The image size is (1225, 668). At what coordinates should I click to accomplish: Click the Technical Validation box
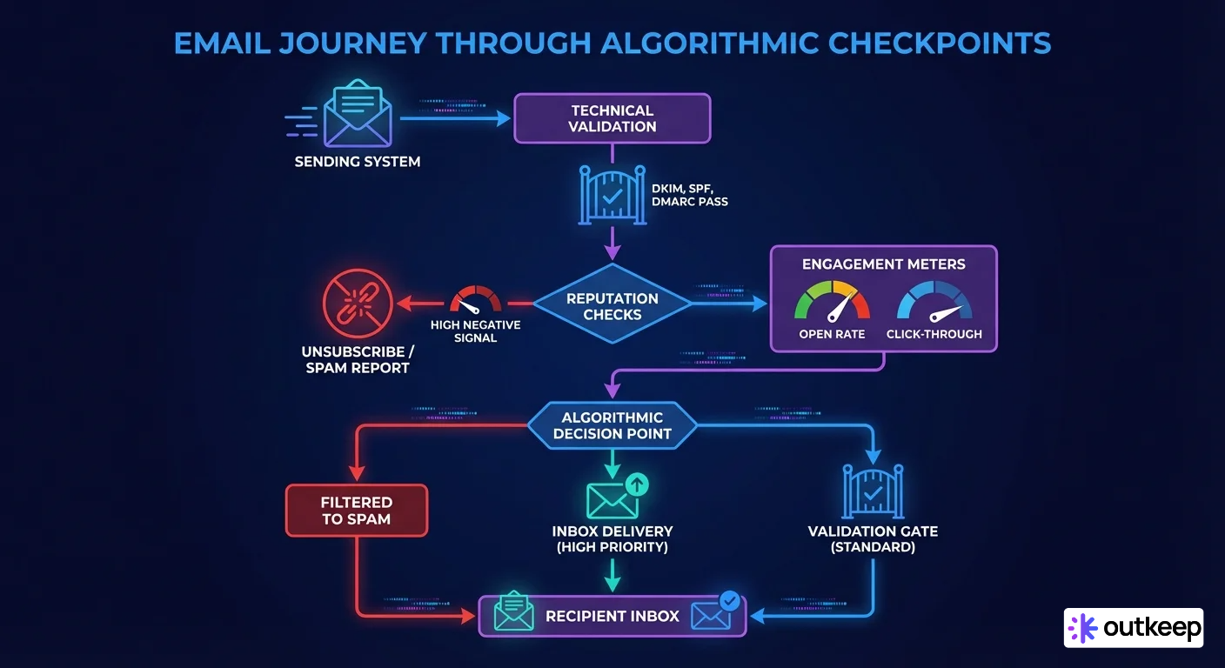612,118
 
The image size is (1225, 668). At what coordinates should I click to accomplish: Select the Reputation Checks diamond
612,305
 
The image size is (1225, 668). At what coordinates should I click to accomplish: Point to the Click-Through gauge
934,304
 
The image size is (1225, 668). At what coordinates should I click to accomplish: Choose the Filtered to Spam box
356,511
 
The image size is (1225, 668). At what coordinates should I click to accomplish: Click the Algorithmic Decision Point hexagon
612,425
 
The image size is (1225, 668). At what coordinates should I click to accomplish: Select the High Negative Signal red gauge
475,301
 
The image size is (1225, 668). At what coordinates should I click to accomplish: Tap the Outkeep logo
1133,627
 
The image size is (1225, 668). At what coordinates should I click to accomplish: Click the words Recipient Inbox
612,616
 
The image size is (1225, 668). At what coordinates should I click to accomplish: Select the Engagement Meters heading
884,264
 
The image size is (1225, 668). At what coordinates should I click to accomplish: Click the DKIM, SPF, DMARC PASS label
689,194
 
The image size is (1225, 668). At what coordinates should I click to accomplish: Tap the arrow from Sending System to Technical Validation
454,119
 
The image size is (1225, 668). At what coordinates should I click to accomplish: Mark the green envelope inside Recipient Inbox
512,612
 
